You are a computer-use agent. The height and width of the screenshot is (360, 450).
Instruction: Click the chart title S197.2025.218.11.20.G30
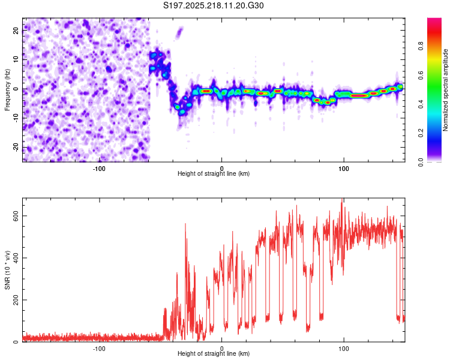coord(213,5)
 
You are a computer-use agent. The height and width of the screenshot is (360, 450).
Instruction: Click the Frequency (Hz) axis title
coord(7,90)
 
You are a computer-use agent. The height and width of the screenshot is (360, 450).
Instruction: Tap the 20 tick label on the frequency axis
coord(16,31)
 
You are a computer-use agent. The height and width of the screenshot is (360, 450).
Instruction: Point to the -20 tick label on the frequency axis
coord(16,148)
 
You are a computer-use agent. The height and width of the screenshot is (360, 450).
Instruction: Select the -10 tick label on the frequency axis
coord(16,118)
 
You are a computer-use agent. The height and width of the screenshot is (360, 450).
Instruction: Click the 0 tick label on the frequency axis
coord(16,89)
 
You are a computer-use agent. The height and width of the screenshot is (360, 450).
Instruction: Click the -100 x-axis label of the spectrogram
coord(99,169)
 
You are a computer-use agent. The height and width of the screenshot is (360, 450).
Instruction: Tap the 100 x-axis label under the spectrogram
coord(344,169)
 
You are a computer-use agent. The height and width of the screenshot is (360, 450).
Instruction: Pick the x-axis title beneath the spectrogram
coord(214,174)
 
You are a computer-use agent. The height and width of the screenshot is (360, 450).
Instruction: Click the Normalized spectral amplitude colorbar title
coord(445,90)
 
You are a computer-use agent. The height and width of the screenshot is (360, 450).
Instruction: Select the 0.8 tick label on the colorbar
coord(421,46)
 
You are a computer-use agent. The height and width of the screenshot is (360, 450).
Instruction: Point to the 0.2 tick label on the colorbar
coord(421,133)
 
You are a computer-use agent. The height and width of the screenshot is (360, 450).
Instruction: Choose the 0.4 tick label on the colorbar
coord(421,104)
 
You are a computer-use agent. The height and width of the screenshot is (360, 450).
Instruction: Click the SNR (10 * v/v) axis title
coord(7,270)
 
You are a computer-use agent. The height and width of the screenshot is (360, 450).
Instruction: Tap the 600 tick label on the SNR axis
coord(16,216)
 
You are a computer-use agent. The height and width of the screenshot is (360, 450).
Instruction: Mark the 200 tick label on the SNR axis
coord(16,300)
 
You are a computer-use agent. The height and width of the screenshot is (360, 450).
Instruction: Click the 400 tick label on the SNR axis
coord(16,258)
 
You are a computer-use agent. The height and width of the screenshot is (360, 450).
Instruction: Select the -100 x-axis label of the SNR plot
coord(99,349)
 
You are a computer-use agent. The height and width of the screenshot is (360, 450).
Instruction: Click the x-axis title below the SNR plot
coord(214,354)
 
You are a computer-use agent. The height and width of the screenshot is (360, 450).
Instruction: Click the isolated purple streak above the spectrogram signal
coord(179,32)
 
